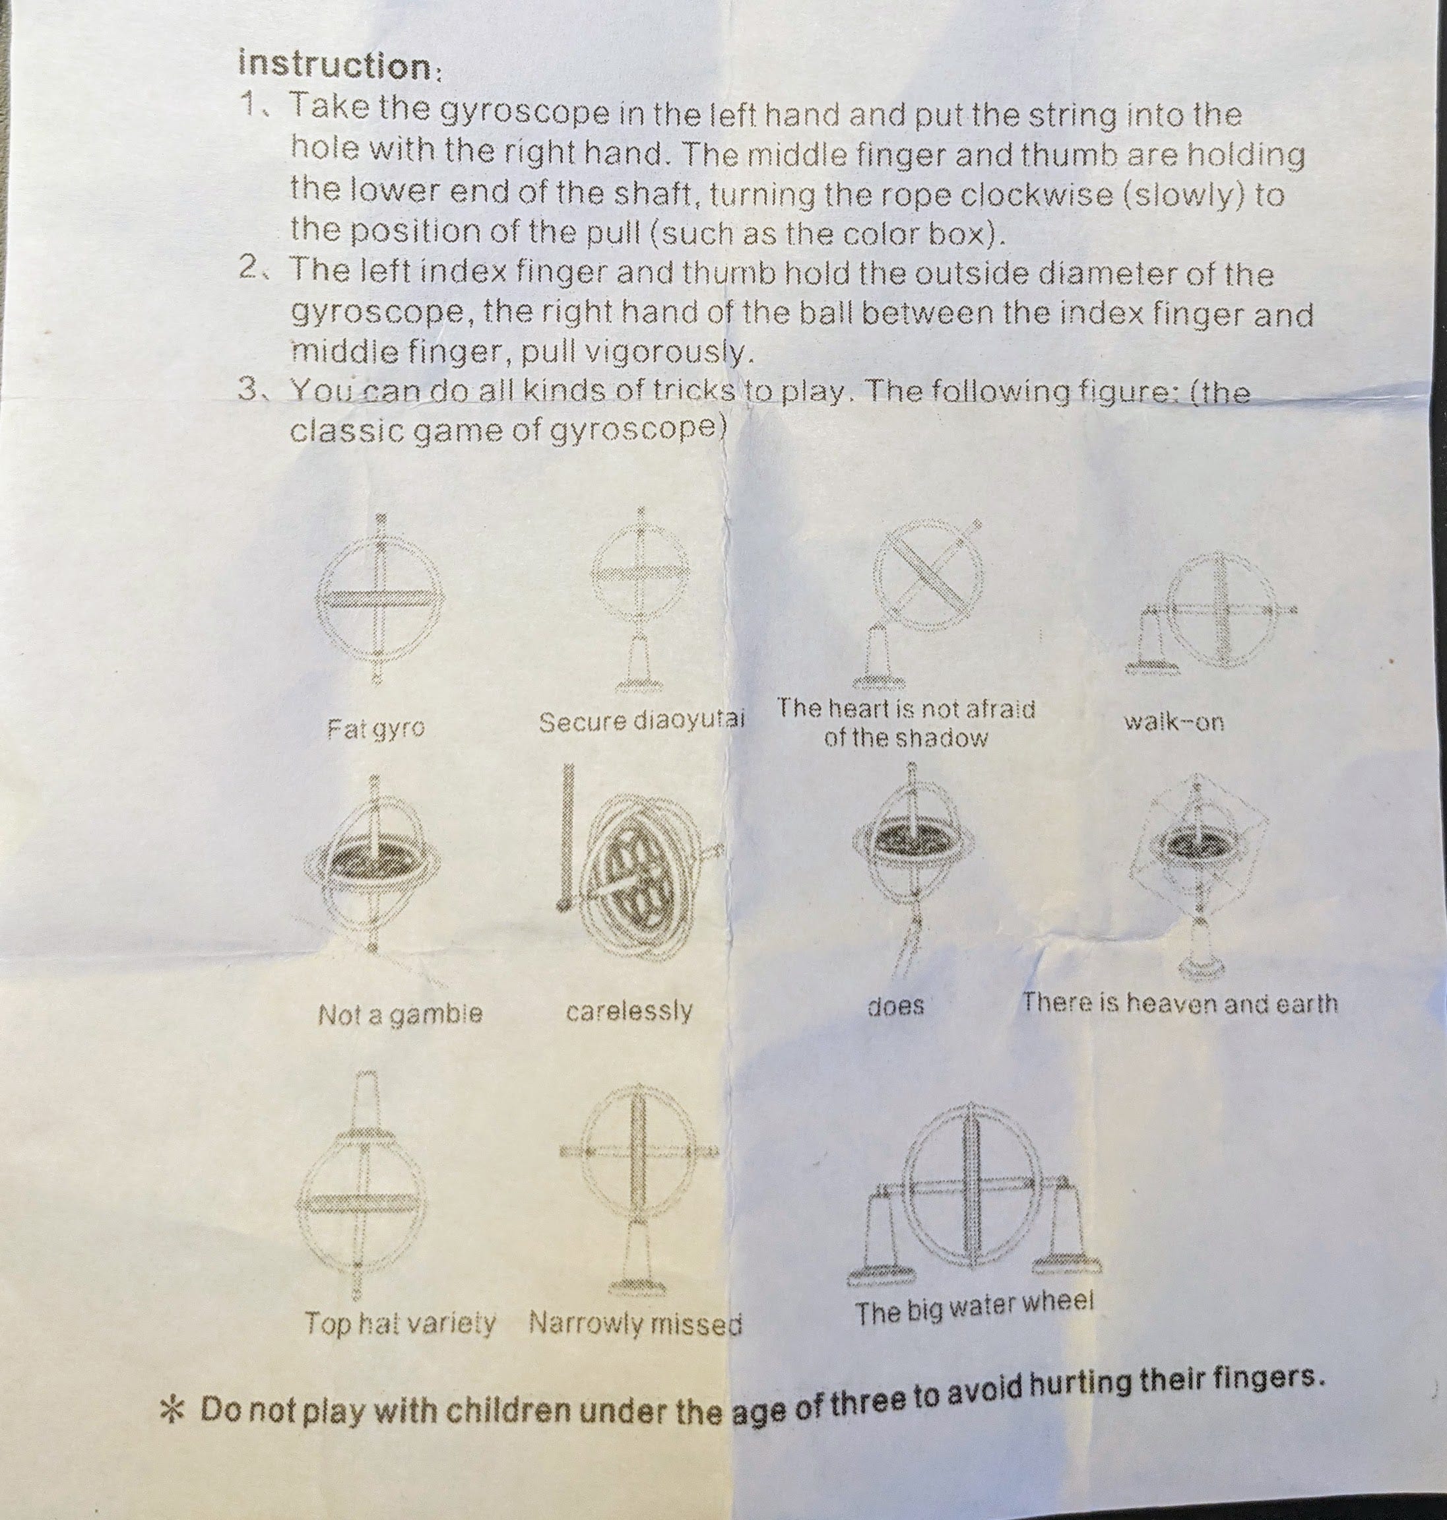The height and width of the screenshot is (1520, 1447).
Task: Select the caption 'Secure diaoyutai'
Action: [x=641, y=722]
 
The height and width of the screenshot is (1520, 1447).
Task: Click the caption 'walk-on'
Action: [x=1173, y=723]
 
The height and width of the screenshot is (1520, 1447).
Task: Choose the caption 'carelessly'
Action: [x=629, y=1010]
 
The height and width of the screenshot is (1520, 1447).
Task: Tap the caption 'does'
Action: [x=895, y=1006]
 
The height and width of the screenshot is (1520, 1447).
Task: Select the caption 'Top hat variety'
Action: [x=400, y=1323]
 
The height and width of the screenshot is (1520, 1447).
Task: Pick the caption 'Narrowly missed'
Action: [x=635, y=1324]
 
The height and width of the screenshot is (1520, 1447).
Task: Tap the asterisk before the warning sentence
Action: [x=173, y=1410]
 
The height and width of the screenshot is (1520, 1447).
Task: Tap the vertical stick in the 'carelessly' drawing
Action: [x=569, y=834]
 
